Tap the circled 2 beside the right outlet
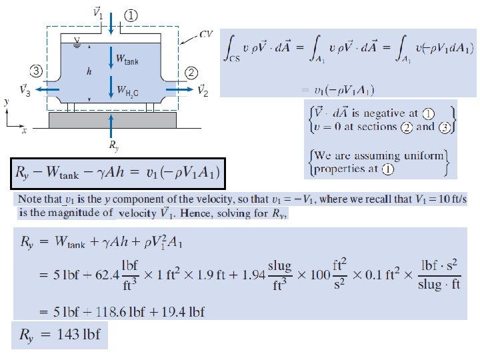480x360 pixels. (x=191, y=71)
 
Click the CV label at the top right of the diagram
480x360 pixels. (x=206, y=33)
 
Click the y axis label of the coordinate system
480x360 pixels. (x=6, y=103)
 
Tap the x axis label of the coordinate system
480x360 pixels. (x=25, y=131)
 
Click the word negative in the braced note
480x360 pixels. (x=384, y=111)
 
